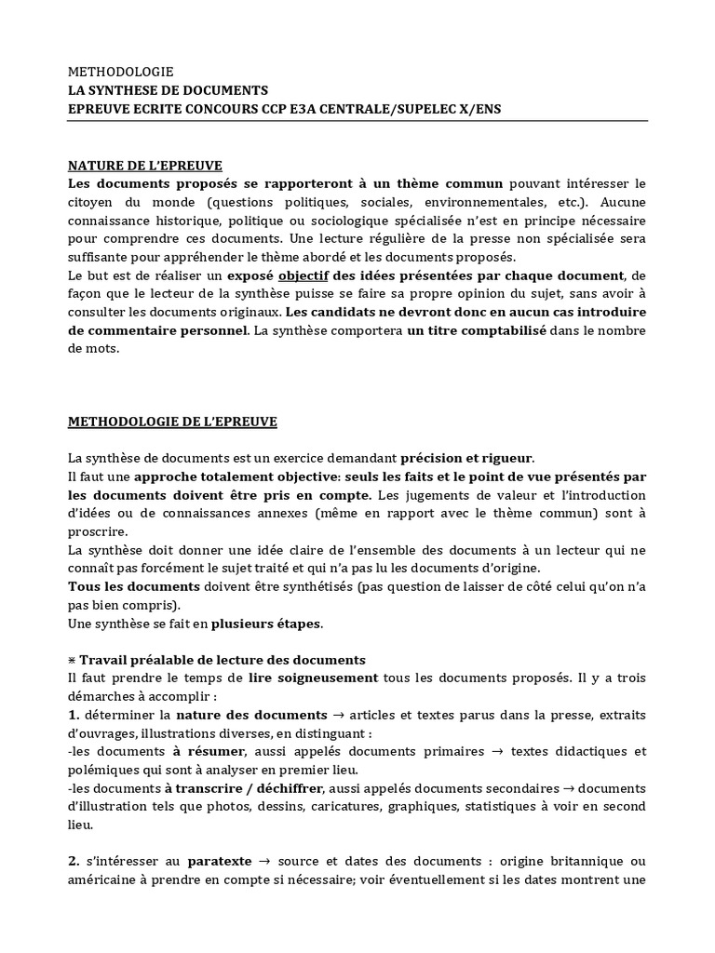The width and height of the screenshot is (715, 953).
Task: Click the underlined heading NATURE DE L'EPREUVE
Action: pyautogui.click(x=145, y=166)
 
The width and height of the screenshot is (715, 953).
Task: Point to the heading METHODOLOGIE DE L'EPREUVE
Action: pyautogui.click(x=172, y=422)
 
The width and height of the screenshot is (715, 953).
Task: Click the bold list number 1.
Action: pyautogui.click(x=74, y=715)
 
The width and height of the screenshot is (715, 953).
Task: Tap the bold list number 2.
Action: pyautogui.click(x=74, y=862)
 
